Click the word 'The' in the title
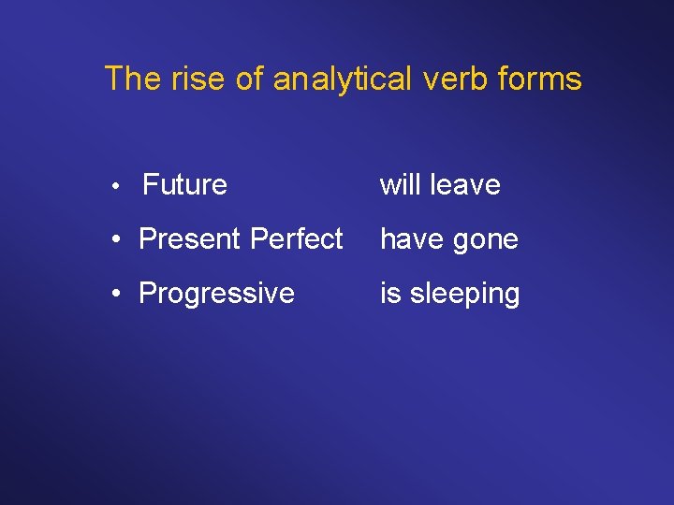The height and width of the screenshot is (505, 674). coord(129,79)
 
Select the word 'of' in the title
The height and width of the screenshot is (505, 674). coord(249,79)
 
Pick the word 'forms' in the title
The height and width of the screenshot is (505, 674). coord(541,79)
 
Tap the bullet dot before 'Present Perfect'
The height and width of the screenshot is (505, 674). coord(114,240)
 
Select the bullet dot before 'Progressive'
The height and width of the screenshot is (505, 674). coord(114,295)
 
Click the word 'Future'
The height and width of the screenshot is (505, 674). coord(184,185)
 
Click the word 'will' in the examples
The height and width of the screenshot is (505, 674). coord(400,185)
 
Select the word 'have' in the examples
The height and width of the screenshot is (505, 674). coord(411,239)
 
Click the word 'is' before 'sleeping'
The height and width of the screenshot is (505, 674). coord(389,294)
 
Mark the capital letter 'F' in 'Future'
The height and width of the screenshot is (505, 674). coord(150,185)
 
